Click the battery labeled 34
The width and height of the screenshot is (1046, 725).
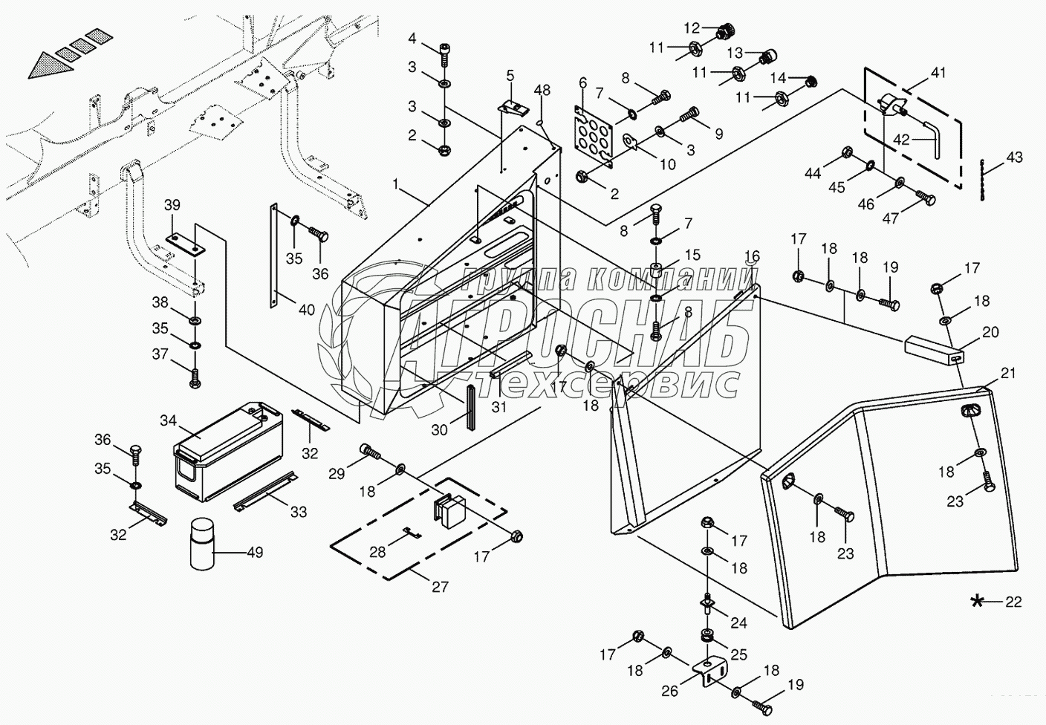(x=228, y=451)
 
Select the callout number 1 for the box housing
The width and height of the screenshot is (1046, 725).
(x=396, y=184)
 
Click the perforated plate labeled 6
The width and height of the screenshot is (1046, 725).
(x=593, y=137)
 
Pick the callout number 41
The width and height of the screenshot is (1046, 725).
(x=938, y=72)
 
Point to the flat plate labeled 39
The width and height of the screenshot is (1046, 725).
(x=186, y=244)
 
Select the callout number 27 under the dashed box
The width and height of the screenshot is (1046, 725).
(x=440, y=586)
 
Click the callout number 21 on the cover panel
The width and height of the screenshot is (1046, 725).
(x=1007, y=373)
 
